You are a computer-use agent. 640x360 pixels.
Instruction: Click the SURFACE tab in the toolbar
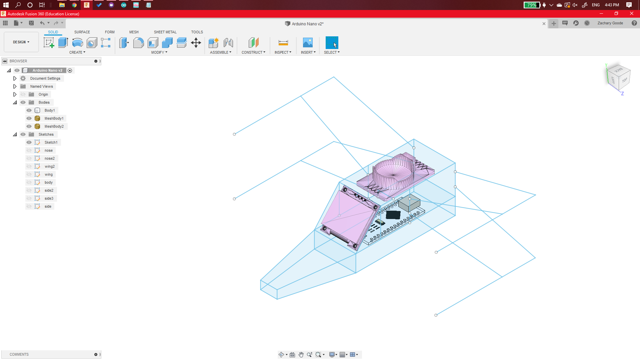82,32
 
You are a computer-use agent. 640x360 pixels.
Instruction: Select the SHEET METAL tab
165,32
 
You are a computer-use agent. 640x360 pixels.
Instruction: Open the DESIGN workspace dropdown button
21,42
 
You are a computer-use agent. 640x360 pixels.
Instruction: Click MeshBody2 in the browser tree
54,126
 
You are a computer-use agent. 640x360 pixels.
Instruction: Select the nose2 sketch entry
49,158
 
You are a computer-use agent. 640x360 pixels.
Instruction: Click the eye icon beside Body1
29,110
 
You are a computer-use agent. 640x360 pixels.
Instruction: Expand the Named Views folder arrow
15,86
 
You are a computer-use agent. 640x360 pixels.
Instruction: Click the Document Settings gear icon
23,78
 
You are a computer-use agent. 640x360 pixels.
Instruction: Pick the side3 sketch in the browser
49,198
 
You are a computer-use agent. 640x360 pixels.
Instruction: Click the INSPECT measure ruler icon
283,43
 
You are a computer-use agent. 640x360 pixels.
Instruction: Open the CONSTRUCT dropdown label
253,52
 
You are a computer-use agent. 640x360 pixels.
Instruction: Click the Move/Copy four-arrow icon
196,43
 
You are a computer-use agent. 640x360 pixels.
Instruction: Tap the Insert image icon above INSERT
308,43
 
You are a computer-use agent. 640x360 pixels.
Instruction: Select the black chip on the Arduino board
393,215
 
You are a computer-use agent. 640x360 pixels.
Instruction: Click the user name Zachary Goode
610,23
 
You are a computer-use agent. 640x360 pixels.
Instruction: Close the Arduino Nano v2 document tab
544,24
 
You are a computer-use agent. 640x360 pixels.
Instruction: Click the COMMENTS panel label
19,354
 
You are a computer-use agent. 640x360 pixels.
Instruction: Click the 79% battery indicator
532,5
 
